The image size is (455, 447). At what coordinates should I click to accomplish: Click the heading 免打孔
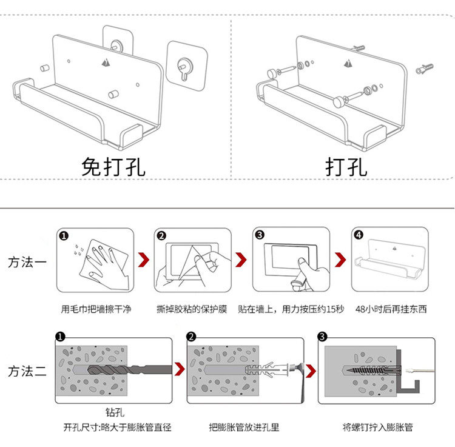coord(113,166)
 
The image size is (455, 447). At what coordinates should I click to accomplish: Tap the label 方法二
coord(27,372)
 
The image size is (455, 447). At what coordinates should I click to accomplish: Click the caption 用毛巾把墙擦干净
coord(96,309)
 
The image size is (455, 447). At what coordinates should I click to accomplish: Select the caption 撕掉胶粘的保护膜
coord(192,309)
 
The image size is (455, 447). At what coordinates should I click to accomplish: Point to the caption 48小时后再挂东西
coord(391,309)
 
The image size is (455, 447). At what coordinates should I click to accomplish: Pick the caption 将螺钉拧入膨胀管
coord(377,427)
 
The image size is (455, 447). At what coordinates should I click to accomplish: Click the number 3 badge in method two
coord(323,337)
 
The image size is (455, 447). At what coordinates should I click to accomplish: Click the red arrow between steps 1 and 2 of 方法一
coord(144,261)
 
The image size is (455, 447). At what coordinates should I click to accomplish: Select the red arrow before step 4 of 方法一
coord(340,261)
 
